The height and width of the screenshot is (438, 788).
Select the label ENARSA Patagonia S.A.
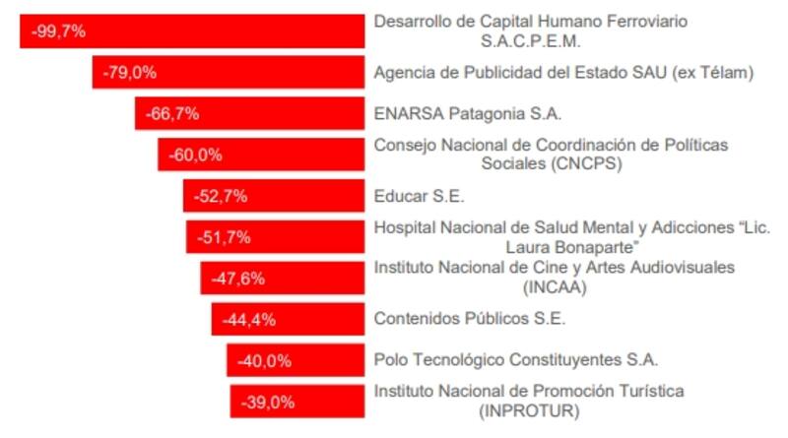[x=468, y=113]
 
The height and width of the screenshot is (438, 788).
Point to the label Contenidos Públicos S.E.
[x=470, y=319]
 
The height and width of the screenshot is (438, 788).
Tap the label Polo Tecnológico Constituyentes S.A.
[x=516, y=360]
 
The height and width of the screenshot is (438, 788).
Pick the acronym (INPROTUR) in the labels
[x=530, y=410]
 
